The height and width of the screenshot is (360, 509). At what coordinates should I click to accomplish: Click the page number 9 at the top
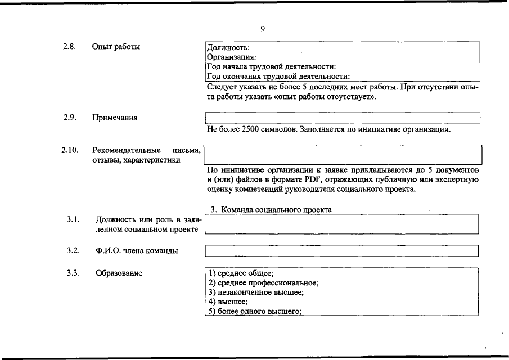[x=263, y=29]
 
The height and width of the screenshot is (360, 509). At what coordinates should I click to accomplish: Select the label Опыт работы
[x=116, y=47]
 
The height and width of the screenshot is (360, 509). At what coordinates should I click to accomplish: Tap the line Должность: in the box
[x=228, y=48]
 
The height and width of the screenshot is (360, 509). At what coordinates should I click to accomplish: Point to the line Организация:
[x=232, y=57]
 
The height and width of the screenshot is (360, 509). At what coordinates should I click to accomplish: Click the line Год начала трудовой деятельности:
[x=271, y=67]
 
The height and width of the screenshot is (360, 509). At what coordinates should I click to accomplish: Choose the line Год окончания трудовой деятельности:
[x=278, y=76]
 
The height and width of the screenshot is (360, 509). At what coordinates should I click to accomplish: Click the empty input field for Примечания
[x=343, y=118]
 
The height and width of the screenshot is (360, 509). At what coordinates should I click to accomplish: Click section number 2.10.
[x=70, y=150]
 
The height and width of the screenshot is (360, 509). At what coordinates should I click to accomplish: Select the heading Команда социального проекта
[x=276, y=210]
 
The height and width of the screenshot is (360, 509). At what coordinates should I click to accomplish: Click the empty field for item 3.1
[x=341, y=224]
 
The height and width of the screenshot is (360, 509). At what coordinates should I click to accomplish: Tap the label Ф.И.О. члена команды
[x=137, y=251]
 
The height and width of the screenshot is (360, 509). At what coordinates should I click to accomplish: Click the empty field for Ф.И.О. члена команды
[x=341, y=251]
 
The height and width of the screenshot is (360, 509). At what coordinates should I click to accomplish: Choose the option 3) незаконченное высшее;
[x=256, y=292]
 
